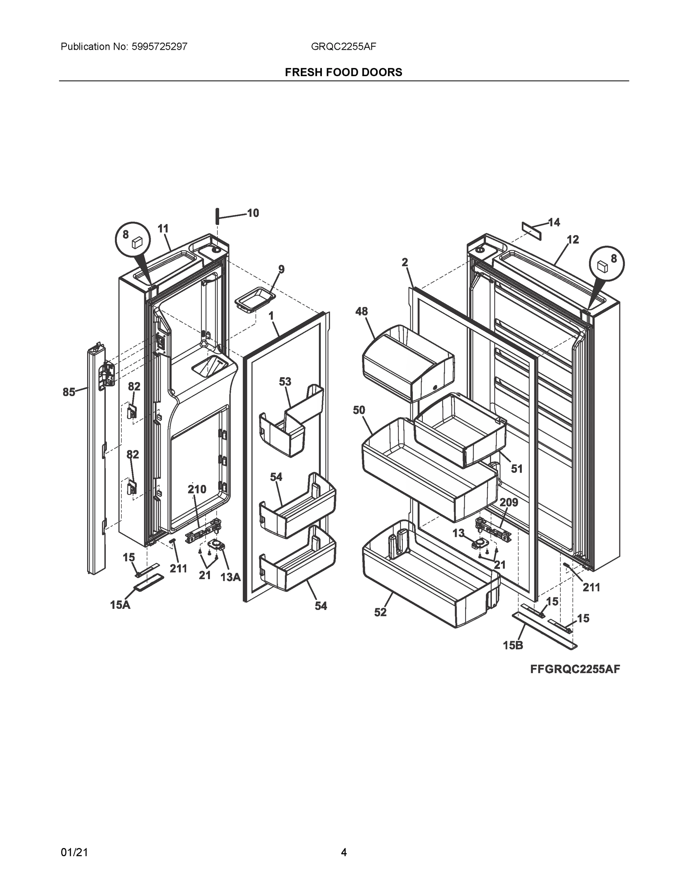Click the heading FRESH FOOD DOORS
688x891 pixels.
coord(343,72)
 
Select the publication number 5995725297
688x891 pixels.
coord(159,46)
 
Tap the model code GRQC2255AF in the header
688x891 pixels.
coord(343,46)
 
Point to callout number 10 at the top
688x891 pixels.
coord(253,213)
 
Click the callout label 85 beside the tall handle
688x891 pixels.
coord(69,392)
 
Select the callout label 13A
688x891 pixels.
coord(230,577)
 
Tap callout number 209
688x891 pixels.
coord(508,503)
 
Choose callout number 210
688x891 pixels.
coord(197,489)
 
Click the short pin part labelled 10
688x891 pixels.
coord(218,215)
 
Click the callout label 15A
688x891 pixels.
coord(120,605)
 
